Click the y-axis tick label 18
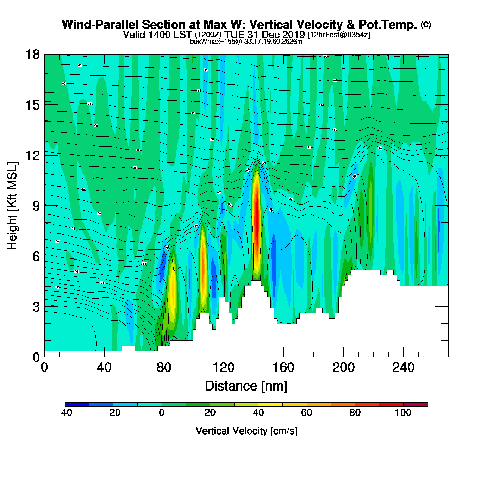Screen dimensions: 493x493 [32, 55]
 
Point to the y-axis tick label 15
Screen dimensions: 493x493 [32, 105]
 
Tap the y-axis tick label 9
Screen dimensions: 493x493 [36, 206]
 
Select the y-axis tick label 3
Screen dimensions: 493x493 [36, 307]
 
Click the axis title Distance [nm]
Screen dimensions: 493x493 [246, 386]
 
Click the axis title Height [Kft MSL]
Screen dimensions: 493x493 [12, 206]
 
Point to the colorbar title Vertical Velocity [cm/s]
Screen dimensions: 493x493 [246, 431]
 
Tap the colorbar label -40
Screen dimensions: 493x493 [65, 413]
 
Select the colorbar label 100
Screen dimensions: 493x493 [403, 413]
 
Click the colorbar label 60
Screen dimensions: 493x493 [306, 413]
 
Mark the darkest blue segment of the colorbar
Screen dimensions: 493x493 [77, 405]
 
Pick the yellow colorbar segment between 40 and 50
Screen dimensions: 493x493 [270, 405]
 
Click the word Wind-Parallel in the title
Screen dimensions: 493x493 [101, 25]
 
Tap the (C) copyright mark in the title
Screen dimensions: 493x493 [426, 24]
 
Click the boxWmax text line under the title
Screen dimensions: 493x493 [246, 42]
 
